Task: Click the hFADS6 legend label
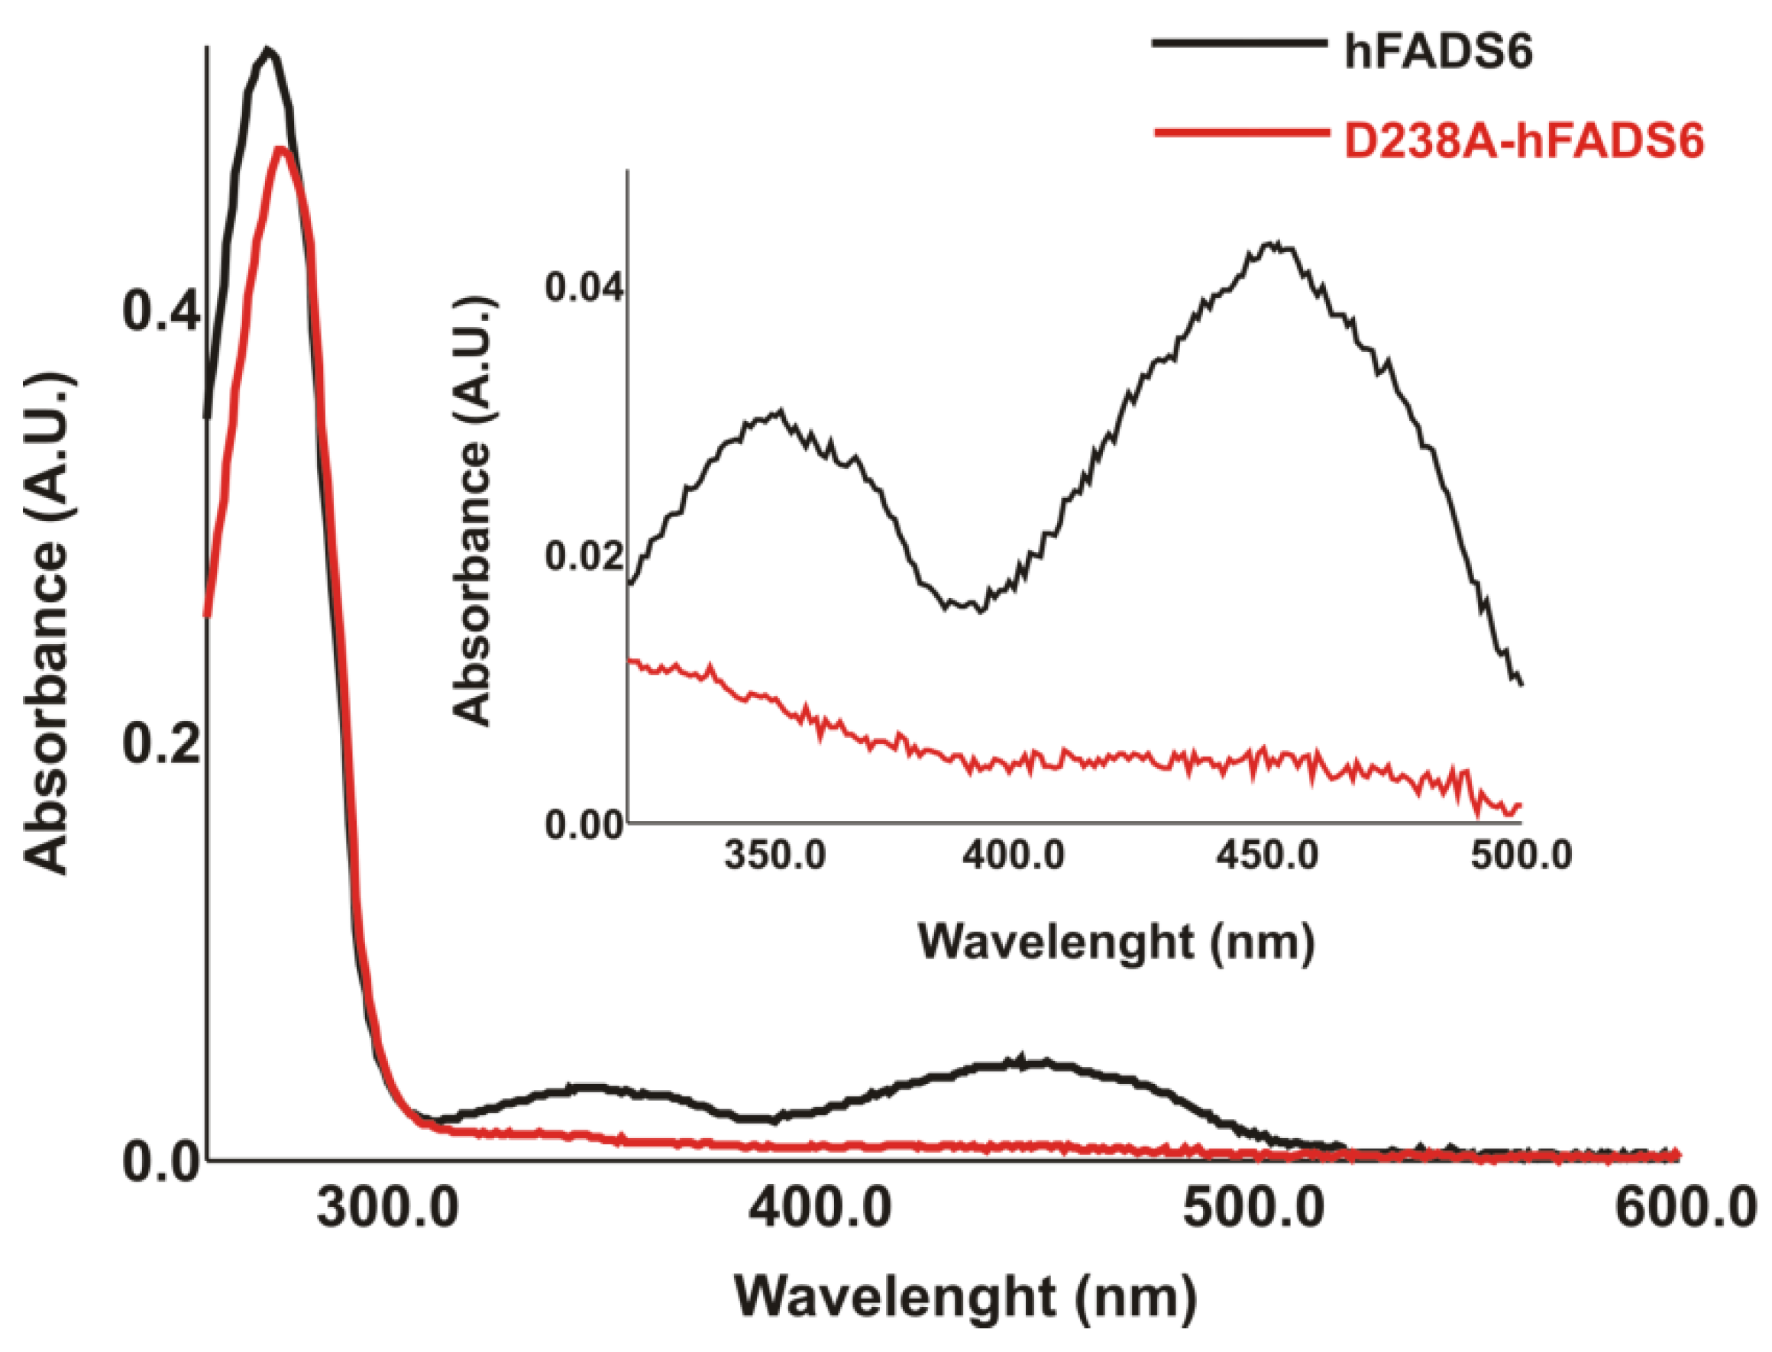click(1438, 54)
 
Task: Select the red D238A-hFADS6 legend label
click(1523, 142)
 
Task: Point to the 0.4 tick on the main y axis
click(160, 312)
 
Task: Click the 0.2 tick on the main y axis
click(160, 745)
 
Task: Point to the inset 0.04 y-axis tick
click(584, 287)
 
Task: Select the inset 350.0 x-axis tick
click(775, 856)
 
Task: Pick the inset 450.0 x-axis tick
click(1266, 856)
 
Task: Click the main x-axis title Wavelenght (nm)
click(965, 1297)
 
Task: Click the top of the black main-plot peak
click(269, 50)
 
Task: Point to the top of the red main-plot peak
click(280, 149)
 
